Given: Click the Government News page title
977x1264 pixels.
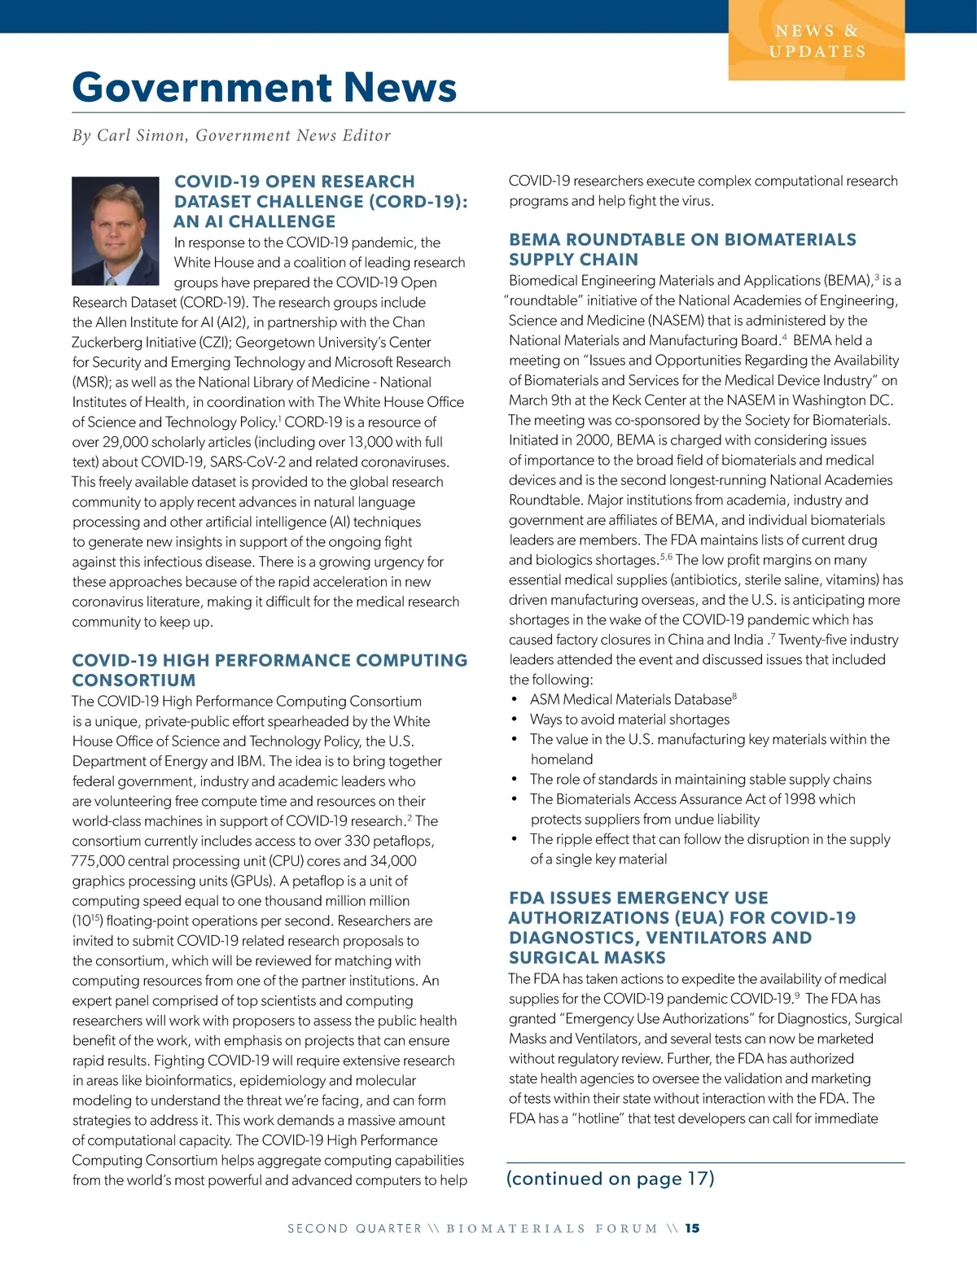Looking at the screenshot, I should [265, 88].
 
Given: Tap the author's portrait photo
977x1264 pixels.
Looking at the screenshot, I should [116, 230].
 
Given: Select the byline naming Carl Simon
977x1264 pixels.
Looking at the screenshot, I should [231, 135].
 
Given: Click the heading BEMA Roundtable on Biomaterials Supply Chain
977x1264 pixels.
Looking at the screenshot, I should [682, 249].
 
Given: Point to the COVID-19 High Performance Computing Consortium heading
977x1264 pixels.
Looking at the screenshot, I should [269, 670].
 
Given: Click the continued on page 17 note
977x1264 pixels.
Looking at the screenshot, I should [610, 1179].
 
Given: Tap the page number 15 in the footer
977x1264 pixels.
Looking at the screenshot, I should [692, 1228].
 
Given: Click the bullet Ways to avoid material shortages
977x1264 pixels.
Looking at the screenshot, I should [629, 719].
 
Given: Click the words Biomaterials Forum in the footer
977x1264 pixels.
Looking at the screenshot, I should [551, 1228].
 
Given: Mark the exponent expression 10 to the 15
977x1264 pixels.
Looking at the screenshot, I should [86, 921].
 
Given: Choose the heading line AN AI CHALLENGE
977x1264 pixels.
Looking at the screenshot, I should [255, 221].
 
